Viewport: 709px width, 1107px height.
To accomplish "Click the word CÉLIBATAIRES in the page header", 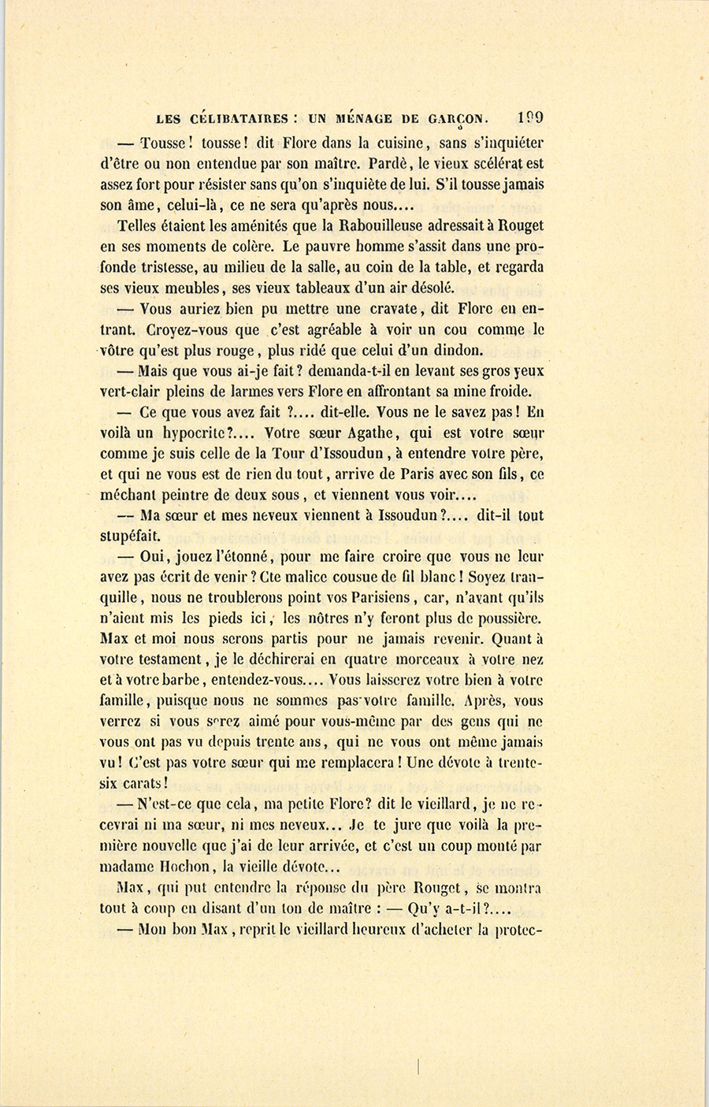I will click(x=239, y=119).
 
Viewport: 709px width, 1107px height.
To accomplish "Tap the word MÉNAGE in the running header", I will click(x=364, y=119).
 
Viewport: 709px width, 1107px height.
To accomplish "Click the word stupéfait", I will click(x=130, y=536).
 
